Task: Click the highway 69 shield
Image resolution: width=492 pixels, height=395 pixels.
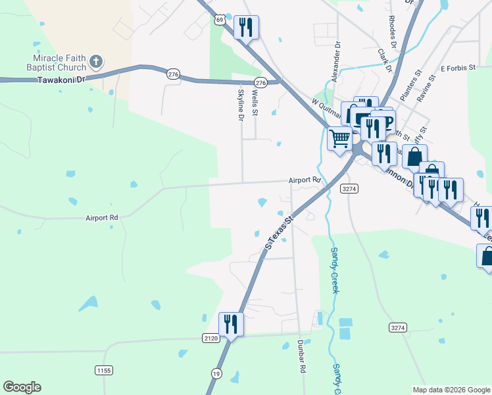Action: [x=220, y=20]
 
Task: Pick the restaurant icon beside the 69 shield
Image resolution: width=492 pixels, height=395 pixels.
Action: [x=246, y=27]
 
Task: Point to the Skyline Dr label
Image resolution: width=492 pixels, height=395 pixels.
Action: [x=241, y=105]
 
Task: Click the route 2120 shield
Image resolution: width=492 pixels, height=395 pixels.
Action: [x=210, y=338]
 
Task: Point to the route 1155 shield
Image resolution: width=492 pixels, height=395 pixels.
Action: [x=103, y=371]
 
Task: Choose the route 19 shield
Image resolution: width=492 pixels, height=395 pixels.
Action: [x=216, y=373]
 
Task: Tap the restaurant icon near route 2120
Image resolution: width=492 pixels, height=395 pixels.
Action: [x=230, y=323]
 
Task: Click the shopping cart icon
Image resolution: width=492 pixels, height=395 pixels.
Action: [x=339, y=138]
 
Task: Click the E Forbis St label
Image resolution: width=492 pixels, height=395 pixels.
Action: [x=456, y=68]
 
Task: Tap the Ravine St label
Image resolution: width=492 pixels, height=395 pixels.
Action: [x=428, y=88]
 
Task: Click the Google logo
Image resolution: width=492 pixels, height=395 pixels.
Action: [x=22, y=387]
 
